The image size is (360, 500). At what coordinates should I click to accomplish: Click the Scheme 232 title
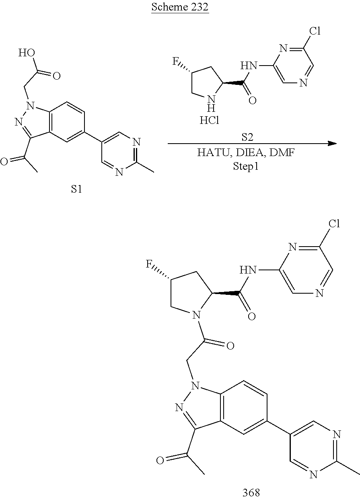coord(180,8)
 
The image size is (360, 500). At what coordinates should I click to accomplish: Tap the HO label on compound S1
coord(25,53)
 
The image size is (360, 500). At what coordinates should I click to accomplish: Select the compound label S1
coord(77,189)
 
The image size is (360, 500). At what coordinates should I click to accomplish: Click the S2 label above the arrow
coord(247,138)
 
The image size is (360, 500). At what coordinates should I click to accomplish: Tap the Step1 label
coord(246,166)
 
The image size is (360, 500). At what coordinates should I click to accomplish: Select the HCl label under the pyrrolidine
coord(209,120)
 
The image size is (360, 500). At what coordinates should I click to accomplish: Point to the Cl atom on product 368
coord(333,224)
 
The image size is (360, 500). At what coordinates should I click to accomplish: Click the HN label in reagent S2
coord(248,65)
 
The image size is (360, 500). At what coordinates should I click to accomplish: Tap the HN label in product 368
coord(248,270)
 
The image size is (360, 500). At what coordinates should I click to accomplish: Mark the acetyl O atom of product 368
coord(160,460)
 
